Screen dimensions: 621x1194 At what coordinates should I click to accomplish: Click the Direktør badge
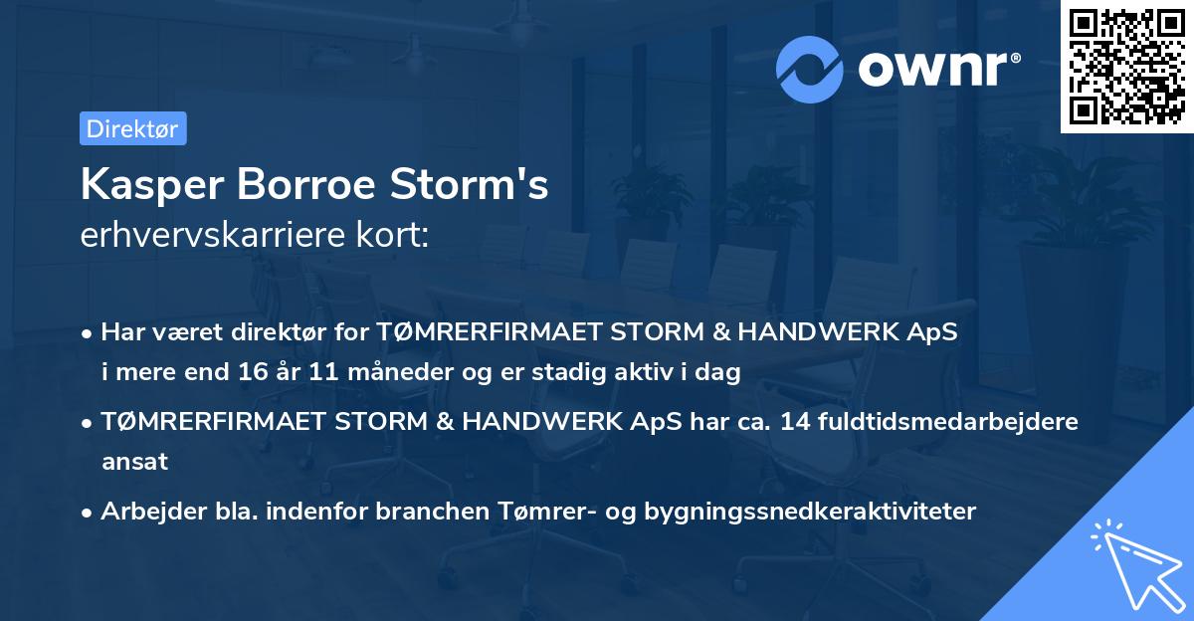[x=132, y=128]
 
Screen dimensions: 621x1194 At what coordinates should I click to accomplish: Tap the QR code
[x=1127, y=67]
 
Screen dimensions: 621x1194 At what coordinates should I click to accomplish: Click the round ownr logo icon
[x=810, y=69]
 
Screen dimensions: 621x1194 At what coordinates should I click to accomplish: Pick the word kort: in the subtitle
[x=395, y=235]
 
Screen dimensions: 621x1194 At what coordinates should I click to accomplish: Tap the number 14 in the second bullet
[x=795, y=421]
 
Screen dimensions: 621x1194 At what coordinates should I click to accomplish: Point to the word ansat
[x=134, y=462]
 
